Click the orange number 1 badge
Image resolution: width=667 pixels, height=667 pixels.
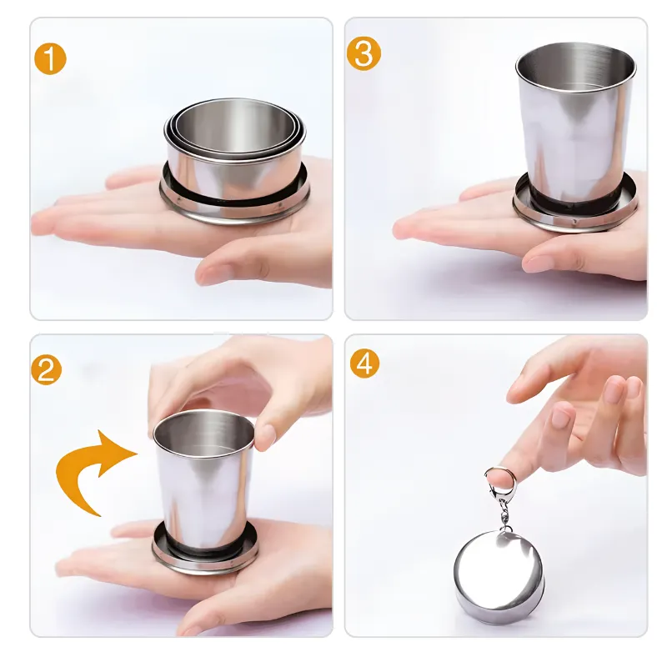click(x=50, y=59)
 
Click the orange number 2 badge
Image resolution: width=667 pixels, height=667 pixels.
click(x=47, y=369)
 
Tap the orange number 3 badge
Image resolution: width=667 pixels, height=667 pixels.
click(x=364, y=53)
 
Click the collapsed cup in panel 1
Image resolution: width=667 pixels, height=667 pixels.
click(x=235, y=162)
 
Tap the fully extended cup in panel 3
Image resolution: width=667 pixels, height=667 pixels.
click(x=576, y=136)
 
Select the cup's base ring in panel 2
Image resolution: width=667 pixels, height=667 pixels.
click(x=204, y=552)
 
